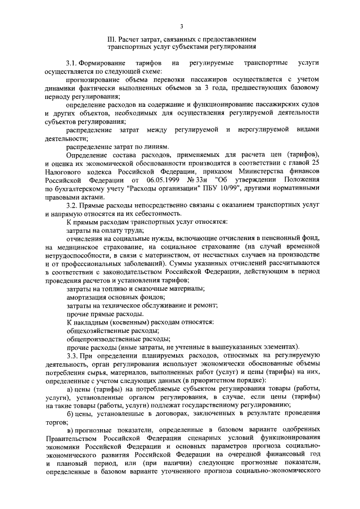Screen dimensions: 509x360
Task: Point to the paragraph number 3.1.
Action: click(x=71, y=63)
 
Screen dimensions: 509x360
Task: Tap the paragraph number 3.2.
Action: click(x=71, y=207)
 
